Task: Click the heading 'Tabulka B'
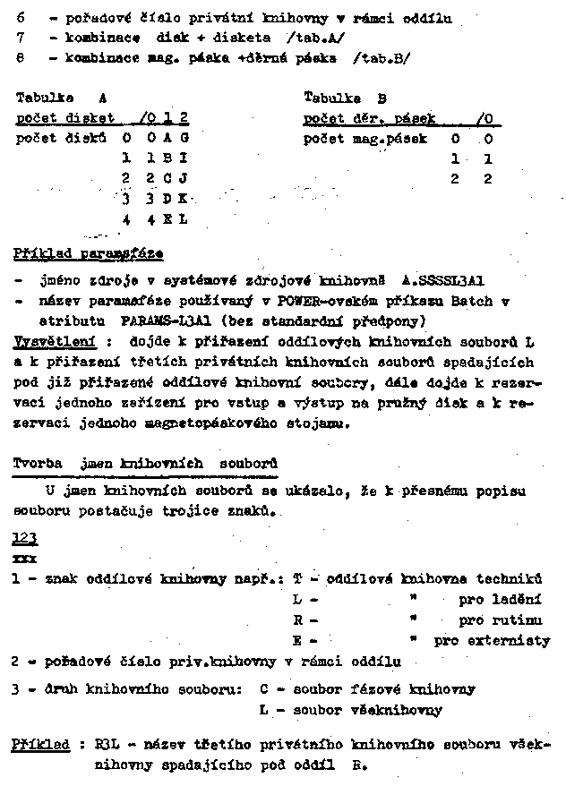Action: (x=345, y=97)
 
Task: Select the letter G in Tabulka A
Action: (x=184, y=138)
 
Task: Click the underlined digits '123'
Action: (x=25, y=538)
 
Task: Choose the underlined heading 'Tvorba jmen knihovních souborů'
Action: (x=145, y=464)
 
